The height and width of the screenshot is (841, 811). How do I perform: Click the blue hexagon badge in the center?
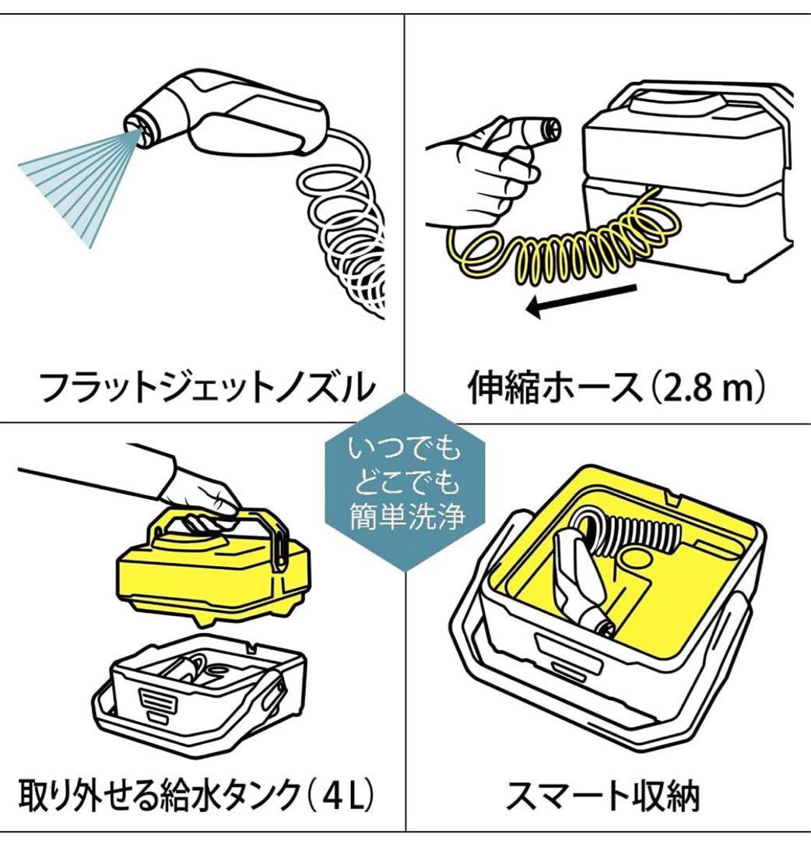pyautogui.click(x=405, y=482)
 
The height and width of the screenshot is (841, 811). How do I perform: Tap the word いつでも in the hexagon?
pyautogui.click(x=405, y=451)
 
